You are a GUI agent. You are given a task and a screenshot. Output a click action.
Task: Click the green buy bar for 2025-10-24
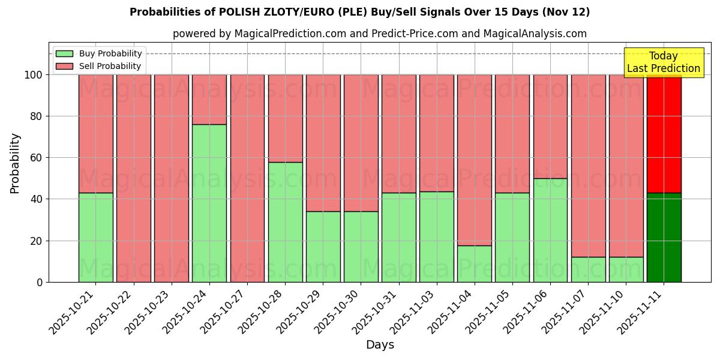pyautogui.click(x=209, y=203)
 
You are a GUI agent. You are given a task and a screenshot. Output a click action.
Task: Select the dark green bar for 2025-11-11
pyautogui.click(x=664, y=237)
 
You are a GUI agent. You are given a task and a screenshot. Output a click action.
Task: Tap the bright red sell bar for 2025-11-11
pyautogui.click(x=664, y=133)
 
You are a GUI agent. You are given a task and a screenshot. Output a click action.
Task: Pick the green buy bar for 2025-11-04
pyautogui.click(x=475, y=263)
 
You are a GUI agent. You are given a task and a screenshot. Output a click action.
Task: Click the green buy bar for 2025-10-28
pyautogui.click(x=285, y=222)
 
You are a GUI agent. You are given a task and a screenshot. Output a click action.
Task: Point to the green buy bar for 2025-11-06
pyautogui.click(x=550, y=230)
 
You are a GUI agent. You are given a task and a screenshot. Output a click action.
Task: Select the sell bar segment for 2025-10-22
pyautogui.click(x=134, y=178)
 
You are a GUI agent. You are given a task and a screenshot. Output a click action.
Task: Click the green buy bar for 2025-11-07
pyautogui.click(x=588, y=269)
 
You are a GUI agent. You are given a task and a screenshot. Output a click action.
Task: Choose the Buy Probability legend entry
pyautogui.click(x=99, y=54)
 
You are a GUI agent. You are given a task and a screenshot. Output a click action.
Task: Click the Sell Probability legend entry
pyautogui.click(x=99, y=67)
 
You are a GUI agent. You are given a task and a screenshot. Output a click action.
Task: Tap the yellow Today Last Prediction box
pyautogui.click(x=664, y=62)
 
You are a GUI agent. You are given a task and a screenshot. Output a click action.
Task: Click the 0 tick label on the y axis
pyautogui.click(x=40, y=282)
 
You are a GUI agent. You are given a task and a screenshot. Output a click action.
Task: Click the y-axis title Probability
pyautogui.click(x=15, y=163)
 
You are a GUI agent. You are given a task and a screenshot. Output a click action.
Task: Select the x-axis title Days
pyautogui.click(x=380, y=345)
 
